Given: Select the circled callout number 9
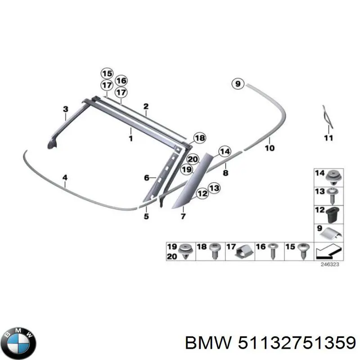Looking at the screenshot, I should [x=238, y=83].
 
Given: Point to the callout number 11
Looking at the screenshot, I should [x=328, y=138].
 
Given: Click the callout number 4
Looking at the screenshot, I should [x=65, y=178].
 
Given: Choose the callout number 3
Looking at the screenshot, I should [x=65, y=109].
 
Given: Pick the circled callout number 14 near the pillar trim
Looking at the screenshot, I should [x=225, y=152].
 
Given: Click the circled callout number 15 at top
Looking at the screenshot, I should [x=107, y=74].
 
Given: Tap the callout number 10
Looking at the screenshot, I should [x=270, y=147].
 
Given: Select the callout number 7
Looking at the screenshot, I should [x=183, y=217].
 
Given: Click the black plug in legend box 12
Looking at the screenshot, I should [x=335, y=214].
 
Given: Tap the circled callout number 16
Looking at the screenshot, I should [x=121, y=81].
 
